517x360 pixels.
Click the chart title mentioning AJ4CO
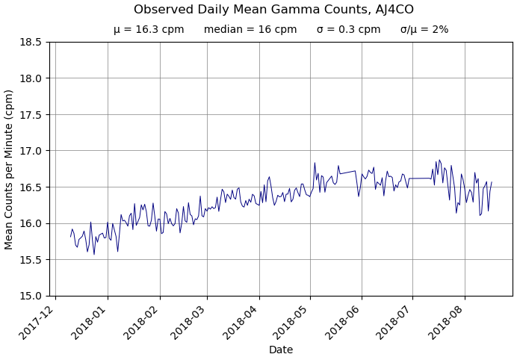(x=273, y=10)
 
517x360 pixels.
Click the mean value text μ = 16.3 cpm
(x=149, y=30)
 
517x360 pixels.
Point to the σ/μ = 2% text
(x=424, y=30)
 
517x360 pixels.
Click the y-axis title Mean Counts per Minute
(x=10, y=169)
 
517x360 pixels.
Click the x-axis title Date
(x=281, y=350)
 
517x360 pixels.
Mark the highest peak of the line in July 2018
(x=439, y=160)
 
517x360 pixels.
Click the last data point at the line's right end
(x=492, y=181)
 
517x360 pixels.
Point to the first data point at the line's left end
(x=71, y=237)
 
